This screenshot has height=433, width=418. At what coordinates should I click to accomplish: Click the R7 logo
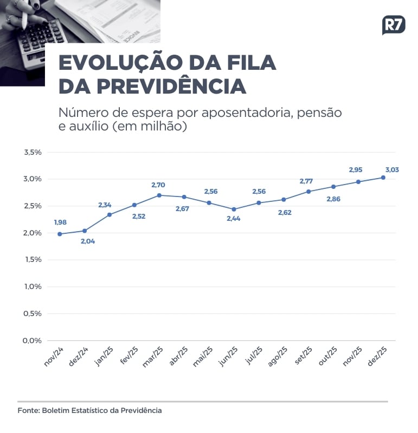[x=394, y=25]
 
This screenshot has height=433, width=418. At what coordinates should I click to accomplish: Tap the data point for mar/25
[x=159, y=195]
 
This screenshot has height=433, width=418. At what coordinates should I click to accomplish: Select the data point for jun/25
[x=234, y=209]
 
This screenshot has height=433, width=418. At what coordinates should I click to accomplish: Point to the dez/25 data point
[x=383, y=178]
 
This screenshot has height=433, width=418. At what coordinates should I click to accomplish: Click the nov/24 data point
[x=60, y=234]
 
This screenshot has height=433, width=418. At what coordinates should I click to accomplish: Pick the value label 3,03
[x=392, y=169]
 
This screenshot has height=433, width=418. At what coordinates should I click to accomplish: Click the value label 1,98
[x=61, y=222]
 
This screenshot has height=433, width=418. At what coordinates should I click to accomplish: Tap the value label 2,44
[x=234, y=219]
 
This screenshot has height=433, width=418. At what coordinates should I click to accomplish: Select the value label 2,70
[x=158, y=185]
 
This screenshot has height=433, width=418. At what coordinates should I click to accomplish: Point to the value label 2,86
[x=333, y=199]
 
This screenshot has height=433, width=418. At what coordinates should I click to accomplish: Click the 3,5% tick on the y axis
[x=33, y=152]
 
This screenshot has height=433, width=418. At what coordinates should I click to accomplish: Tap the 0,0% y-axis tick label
[x=33, y=340]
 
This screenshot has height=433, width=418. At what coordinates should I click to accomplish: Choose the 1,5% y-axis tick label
[x=33, y=260]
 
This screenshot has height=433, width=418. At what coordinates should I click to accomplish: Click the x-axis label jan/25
[x=104, y=357]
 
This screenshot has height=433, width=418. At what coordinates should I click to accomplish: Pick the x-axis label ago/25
[x=278, y=358]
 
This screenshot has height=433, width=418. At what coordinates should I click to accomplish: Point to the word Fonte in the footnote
[x=28, y=410]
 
